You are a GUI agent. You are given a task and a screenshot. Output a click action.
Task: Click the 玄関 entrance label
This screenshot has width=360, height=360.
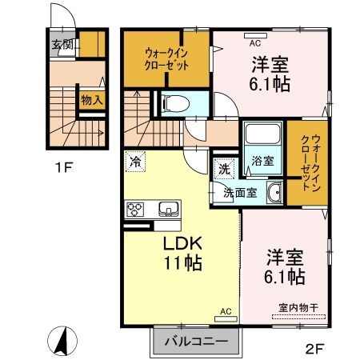click(62, 44)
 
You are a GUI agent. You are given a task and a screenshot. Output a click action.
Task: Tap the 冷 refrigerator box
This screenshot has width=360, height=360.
click(136, 161)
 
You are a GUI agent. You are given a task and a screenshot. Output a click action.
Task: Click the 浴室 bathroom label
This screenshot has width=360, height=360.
click(262, 161)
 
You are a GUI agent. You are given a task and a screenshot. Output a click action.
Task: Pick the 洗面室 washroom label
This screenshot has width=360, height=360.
click(239, 192)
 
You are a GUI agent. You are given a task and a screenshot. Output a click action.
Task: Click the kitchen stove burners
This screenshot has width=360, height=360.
click(134, 210)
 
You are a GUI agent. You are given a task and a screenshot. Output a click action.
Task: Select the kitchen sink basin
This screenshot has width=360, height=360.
click(170, 210)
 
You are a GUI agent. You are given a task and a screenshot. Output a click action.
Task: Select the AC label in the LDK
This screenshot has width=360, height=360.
click(225, 310)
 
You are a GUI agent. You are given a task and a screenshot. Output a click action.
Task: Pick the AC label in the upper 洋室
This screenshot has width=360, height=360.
click(256, 44)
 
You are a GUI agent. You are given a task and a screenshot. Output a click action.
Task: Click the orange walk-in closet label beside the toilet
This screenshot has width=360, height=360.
click(166, 60)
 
